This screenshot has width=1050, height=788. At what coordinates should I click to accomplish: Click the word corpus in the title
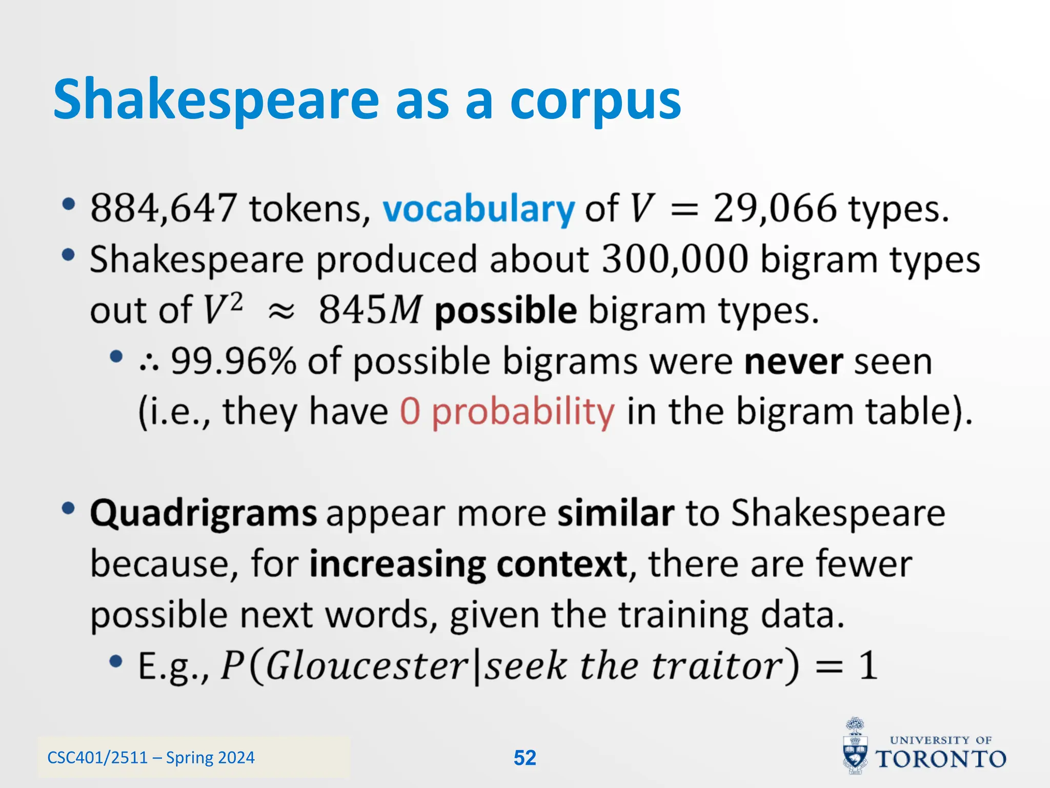595,100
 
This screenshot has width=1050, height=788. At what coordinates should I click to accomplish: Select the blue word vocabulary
479,209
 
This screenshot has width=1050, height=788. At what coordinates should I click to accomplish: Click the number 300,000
675,259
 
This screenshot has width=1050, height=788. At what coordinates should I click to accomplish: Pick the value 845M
370,310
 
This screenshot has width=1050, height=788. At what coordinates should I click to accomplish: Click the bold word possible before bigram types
506,311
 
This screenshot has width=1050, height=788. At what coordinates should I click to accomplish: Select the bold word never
793,361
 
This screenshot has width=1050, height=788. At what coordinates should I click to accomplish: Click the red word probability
522,412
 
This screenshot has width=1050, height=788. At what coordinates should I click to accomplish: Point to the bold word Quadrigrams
204,514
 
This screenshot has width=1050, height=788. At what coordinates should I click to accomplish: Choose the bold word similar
615,513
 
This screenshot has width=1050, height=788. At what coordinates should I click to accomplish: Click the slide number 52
524,758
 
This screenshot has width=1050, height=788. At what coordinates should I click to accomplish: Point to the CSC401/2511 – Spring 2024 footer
151,758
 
